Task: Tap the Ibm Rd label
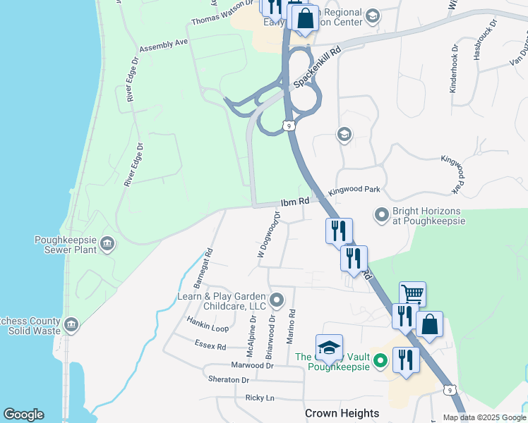coord(295,202)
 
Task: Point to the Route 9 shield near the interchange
coord(288,125)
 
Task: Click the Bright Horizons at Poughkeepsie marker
coord(382,214)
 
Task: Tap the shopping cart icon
coord(412,294)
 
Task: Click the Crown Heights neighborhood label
coord(342,413)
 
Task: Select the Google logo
coord(23,415)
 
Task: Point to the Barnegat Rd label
coord(203,269)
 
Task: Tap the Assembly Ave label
coord(164,46)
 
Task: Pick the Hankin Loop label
coord(208,329)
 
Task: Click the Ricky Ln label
coord(259,398)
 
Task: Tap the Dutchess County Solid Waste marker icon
coord(71,324)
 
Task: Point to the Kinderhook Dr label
coord(453,70)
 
